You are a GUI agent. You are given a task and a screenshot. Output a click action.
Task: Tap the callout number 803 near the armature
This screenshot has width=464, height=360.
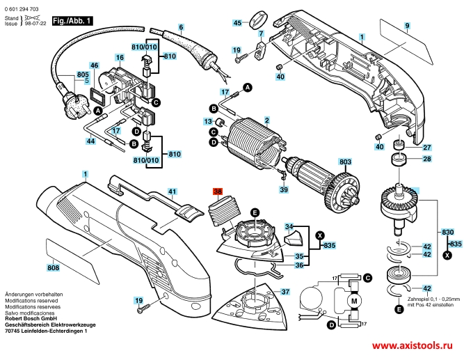344,162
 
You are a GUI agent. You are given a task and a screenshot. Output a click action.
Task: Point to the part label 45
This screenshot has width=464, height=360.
237,23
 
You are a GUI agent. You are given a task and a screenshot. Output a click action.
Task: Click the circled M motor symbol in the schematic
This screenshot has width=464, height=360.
352,300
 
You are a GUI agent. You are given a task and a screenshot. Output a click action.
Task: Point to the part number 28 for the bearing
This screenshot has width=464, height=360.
427,159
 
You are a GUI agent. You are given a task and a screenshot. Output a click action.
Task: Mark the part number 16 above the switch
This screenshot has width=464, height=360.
120,57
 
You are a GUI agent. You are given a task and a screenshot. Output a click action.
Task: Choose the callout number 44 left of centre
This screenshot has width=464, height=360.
90,141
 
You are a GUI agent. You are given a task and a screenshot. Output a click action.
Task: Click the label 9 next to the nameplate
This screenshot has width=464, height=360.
407,26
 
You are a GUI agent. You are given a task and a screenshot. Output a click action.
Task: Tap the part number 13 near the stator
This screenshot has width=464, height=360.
207,121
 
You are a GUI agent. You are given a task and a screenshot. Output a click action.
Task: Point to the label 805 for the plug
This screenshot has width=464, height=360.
83,75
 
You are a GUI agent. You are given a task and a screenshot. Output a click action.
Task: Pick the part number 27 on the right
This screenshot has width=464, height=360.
427,147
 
